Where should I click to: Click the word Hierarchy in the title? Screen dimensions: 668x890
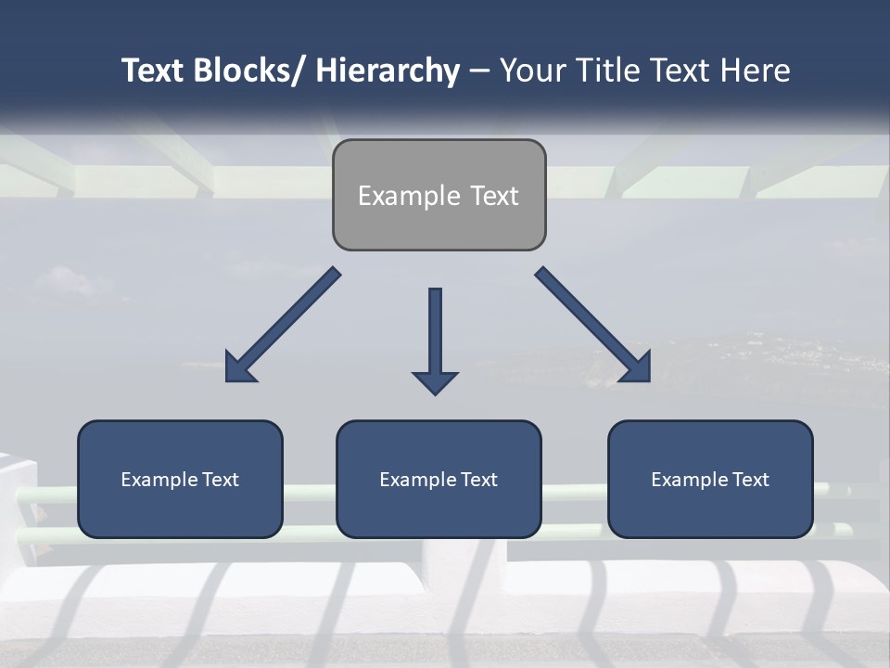388,71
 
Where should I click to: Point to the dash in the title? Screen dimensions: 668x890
479,71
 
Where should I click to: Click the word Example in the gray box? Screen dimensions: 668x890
396,196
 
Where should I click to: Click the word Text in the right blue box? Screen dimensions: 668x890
750,480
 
